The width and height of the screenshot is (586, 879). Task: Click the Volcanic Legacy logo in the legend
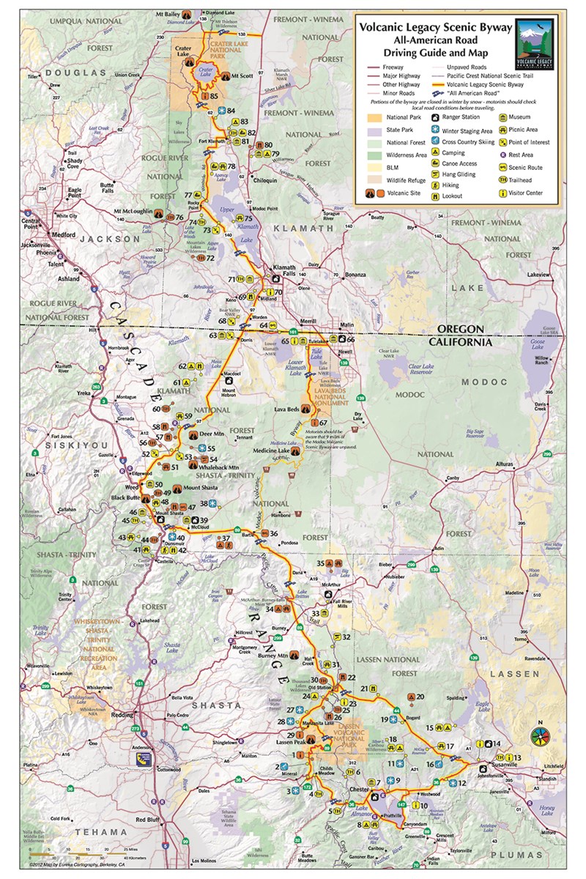534,44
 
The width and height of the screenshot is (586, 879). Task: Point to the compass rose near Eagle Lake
540,734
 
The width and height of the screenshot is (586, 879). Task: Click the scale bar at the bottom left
70,855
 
